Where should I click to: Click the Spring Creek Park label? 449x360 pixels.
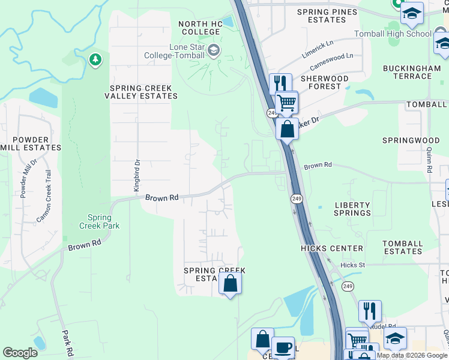pyautogui.click(x=99, y=221)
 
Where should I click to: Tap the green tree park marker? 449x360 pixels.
pyautogui.click(x=94, y=59)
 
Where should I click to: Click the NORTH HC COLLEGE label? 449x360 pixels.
pyautogui.click(x=199, y=28)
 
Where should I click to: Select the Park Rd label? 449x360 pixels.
pyautogui.click(x=67, y=342)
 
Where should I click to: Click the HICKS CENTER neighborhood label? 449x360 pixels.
pyautogui.click(x=332, y=248)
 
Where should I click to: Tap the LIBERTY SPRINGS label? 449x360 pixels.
pyautogui.click(x=352, y=209)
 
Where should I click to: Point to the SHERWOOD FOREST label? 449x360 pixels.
pyautogui.click(x=324, y=82)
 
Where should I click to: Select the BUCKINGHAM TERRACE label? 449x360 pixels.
pyautogui.click(x=412, y=72)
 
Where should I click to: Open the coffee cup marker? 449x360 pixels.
pyautogui.click(x=283, y=347)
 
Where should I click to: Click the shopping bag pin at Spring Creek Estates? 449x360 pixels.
pyautogui.click(x=230, y=283)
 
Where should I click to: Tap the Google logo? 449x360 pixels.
pyautogui.click(x=20, y=353)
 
